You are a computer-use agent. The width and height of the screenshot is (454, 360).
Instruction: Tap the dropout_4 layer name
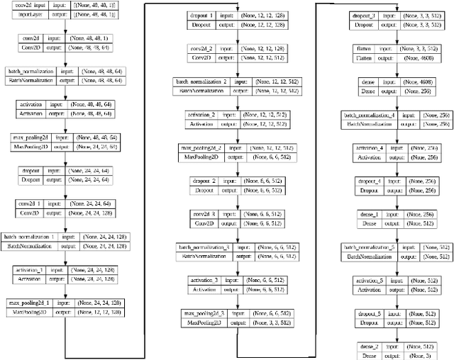[x=369, y=182]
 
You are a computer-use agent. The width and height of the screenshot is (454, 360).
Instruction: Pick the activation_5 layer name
[x=369, y=281]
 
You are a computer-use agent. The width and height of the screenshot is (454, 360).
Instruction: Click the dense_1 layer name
[x=369, y=214]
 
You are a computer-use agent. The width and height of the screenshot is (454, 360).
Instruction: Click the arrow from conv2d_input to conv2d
[x=66, y=28]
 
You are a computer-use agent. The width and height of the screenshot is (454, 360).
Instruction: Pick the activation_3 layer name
[x=204, y=280]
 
